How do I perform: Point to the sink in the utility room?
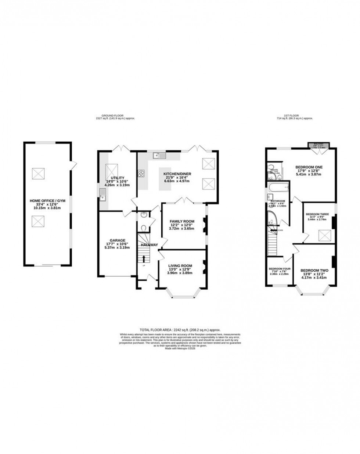click(102, 198)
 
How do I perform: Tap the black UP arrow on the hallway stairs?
click(144, 258)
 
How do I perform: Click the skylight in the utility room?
click(111, 170)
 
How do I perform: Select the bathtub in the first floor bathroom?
click(278, 189)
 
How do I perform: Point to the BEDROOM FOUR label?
click(280, 269)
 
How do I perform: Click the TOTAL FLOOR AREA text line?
click(180, 330)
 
